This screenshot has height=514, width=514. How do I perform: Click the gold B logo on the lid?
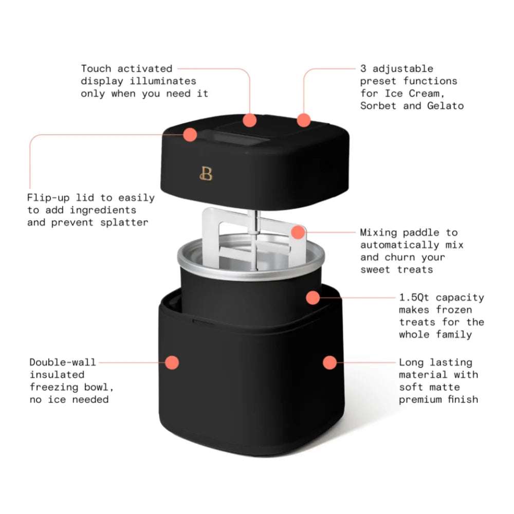[206, 174]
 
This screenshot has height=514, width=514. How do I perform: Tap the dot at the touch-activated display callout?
[250, 120]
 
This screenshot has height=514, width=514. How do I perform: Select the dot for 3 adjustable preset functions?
[304, 120]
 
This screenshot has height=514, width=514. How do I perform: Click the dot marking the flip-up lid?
[190, 135]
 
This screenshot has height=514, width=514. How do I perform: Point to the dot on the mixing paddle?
[298, 232]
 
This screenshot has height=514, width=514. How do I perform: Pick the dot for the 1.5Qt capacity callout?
[312, 297]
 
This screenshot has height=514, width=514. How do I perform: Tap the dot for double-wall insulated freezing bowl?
[173, 362]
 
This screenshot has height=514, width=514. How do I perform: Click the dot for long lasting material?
[329, 362]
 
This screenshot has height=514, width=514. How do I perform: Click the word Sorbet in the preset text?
[378, 106]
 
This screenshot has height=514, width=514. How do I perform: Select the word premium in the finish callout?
[421, 399]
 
